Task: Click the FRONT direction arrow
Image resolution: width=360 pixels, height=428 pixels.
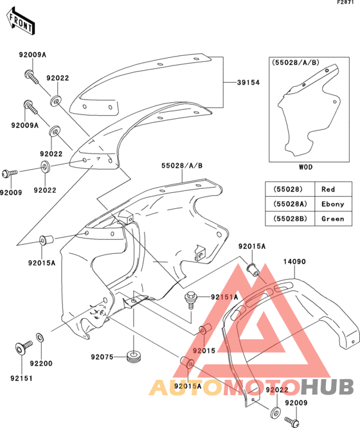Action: (x=21, y=21)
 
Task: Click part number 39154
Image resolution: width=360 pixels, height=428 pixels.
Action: (x=248, y=82)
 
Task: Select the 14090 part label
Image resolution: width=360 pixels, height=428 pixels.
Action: (x=294, y=262)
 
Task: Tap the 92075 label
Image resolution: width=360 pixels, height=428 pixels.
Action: (x=102, y=357)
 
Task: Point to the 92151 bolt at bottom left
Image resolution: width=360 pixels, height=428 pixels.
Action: (x=24, y=347)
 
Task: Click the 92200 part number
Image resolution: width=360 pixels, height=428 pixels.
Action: (x=41, y=363)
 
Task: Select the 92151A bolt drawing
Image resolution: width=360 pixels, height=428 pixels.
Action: (x=191, y=299)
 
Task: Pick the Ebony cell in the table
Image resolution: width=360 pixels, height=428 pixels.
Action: (x=333, y=204)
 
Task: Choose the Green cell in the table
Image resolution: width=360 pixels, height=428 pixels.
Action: (x=333, y=218)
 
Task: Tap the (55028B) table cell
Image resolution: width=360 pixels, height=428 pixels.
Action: (x=290, y=218)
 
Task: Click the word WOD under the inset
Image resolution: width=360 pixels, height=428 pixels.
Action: (x=305, y=167)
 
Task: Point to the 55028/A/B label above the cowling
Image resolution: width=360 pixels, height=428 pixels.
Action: (x=182, y=166)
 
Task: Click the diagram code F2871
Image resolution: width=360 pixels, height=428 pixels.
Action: (x=345, y=2)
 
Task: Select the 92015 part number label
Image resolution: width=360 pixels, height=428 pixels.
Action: (x=204, y=350)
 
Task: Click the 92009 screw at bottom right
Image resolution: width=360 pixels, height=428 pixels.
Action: (x=292, y=421)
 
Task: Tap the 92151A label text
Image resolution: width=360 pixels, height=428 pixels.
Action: (x=224, y=297)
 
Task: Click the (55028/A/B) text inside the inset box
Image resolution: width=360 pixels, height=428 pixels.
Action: (x=295, y=62)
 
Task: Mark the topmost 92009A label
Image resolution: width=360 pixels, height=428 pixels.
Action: (x=33, y=55)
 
